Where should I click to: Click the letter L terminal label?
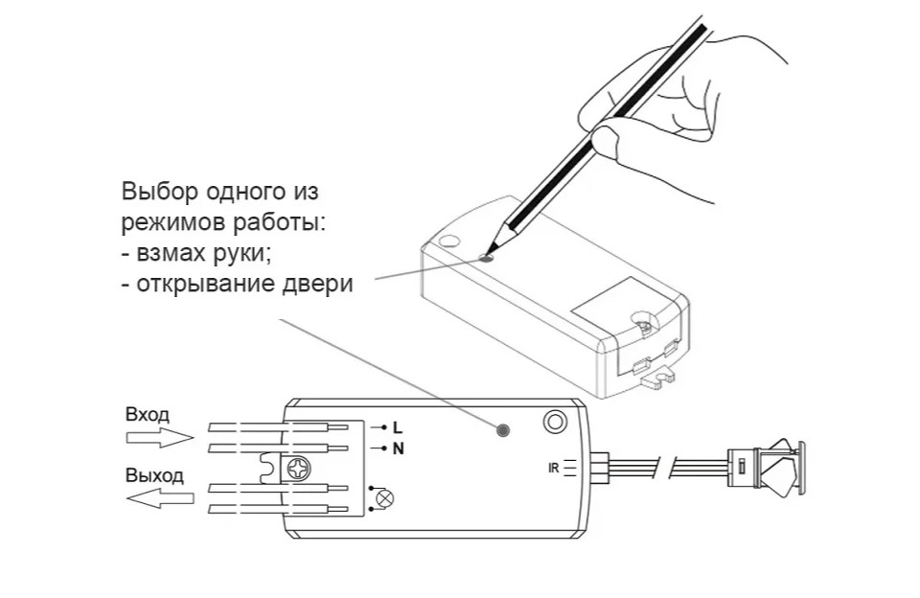[x=398, y=427]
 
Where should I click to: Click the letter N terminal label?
[x=399, y=448]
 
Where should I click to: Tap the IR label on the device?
[x=553, y=469]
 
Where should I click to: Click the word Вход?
[x=148, y=414]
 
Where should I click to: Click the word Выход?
[x=154, y=474]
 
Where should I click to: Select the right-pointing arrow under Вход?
[x=160, y=437]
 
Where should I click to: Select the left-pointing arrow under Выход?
[x=160, y=498]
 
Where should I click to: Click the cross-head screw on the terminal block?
[x=297, y=470]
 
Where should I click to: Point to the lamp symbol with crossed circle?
[x=384, y=499]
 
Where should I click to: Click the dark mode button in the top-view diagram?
[x=503, y=430]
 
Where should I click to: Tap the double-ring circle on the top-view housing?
[x=555, y=422]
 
